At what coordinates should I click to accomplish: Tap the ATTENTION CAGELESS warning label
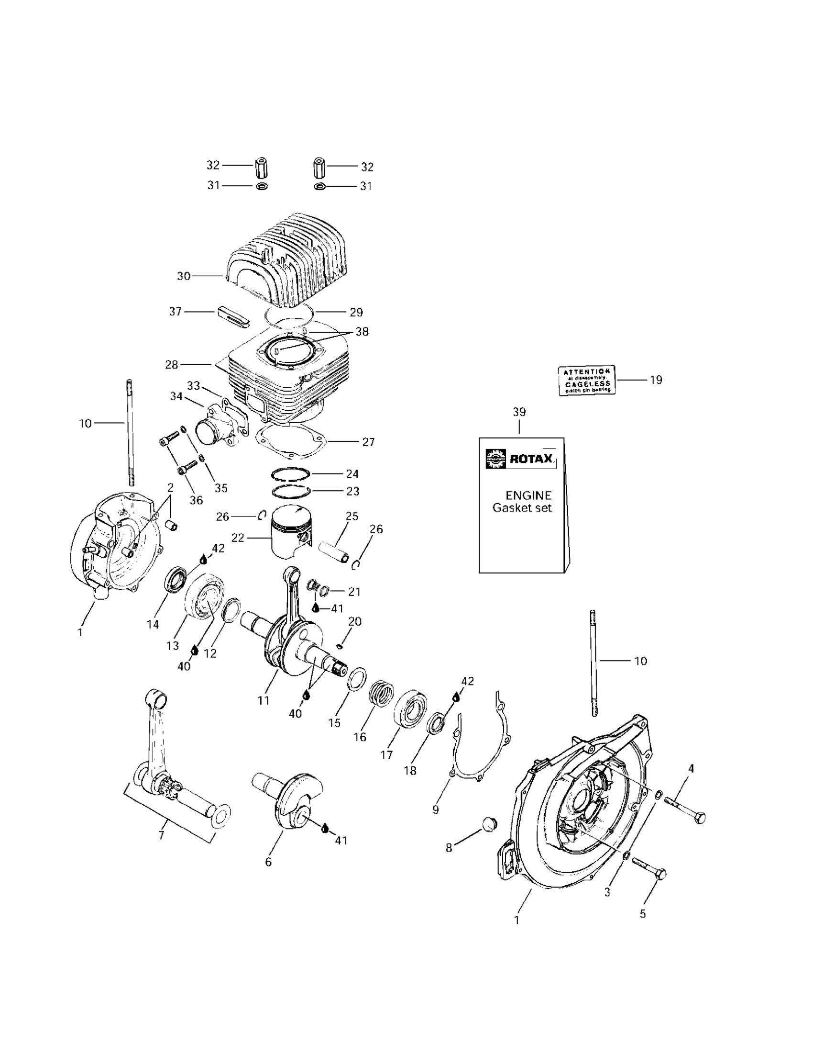(586, 380)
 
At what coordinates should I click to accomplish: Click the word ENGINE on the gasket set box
(528, 495)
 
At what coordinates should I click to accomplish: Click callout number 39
(519, 412)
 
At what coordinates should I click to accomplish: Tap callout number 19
(656, 380)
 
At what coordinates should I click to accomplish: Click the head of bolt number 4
(699, 818)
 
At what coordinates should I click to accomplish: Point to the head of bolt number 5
(661, 874)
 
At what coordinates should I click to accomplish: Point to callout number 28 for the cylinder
(172, 365)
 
